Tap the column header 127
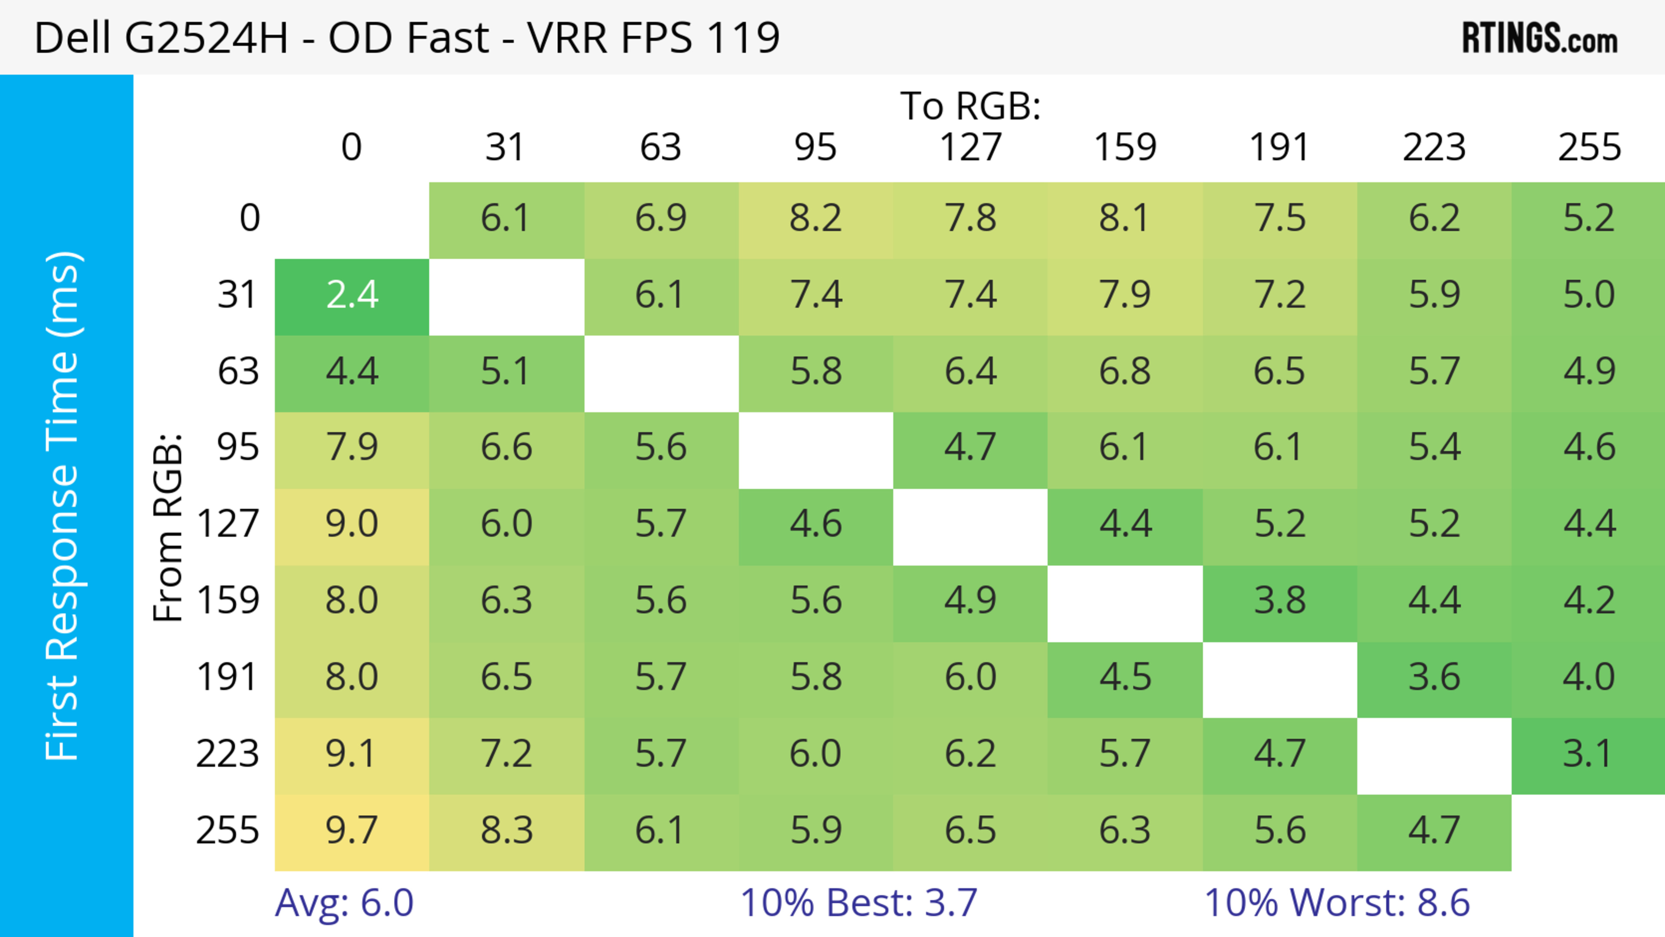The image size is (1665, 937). (970, 147)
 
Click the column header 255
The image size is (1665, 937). (1590, 147)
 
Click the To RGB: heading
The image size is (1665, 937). (970, 106)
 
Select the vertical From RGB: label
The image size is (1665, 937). (168, 527)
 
